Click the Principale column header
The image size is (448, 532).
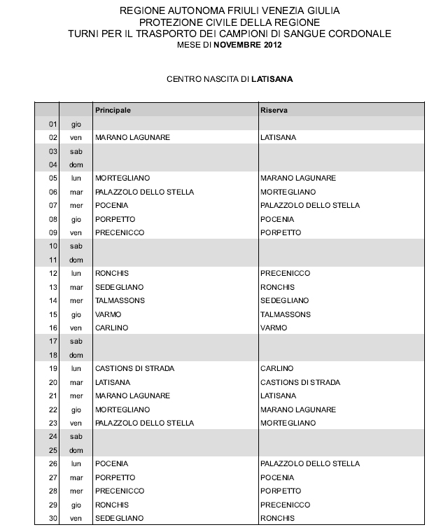tap(113, 111)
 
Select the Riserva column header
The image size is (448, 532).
tap(274, 111)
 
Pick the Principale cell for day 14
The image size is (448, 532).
tap(120, 300)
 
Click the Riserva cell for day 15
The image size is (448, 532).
tap(285, 314)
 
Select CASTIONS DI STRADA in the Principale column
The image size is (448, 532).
tap(134, 368)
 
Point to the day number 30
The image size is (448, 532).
tap(52, 518)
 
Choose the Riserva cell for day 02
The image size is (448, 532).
tap(277, 138)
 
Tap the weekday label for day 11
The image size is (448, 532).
tap(76, 260)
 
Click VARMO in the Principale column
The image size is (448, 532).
tap(108, 314)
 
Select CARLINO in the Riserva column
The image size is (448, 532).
tap(276, 368)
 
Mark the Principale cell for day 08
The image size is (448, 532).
tap(115, 219)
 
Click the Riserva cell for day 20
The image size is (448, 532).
tap(300, 382)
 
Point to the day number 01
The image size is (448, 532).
tap(52, 124)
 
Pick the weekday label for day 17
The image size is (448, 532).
tap(76, 342)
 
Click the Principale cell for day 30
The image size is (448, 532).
tap(119, 518)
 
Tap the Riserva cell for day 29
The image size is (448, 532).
tap(285, 505)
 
